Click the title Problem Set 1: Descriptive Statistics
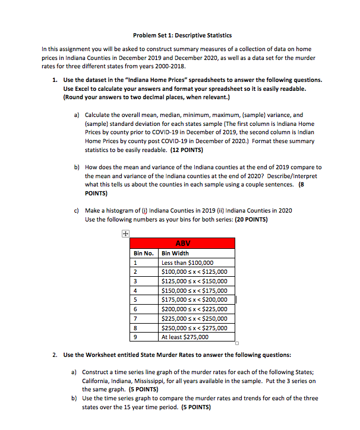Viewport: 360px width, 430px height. [180, 35]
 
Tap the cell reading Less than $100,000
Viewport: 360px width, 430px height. [187, 263]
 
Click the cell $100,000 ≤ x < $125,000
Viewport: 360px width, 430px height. [194, 272]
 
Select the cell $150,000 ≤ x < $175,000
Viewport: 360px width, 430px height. [194, 290]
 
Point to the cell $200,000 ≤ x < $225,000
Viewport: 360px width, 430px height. [194, 309]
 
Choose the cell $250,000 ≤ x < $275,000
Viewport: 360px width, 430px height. [194, 327]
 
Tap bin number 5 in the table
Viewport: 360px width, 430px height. [136, 300]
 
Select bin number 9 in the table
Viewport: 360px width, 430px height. [136, 337]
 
